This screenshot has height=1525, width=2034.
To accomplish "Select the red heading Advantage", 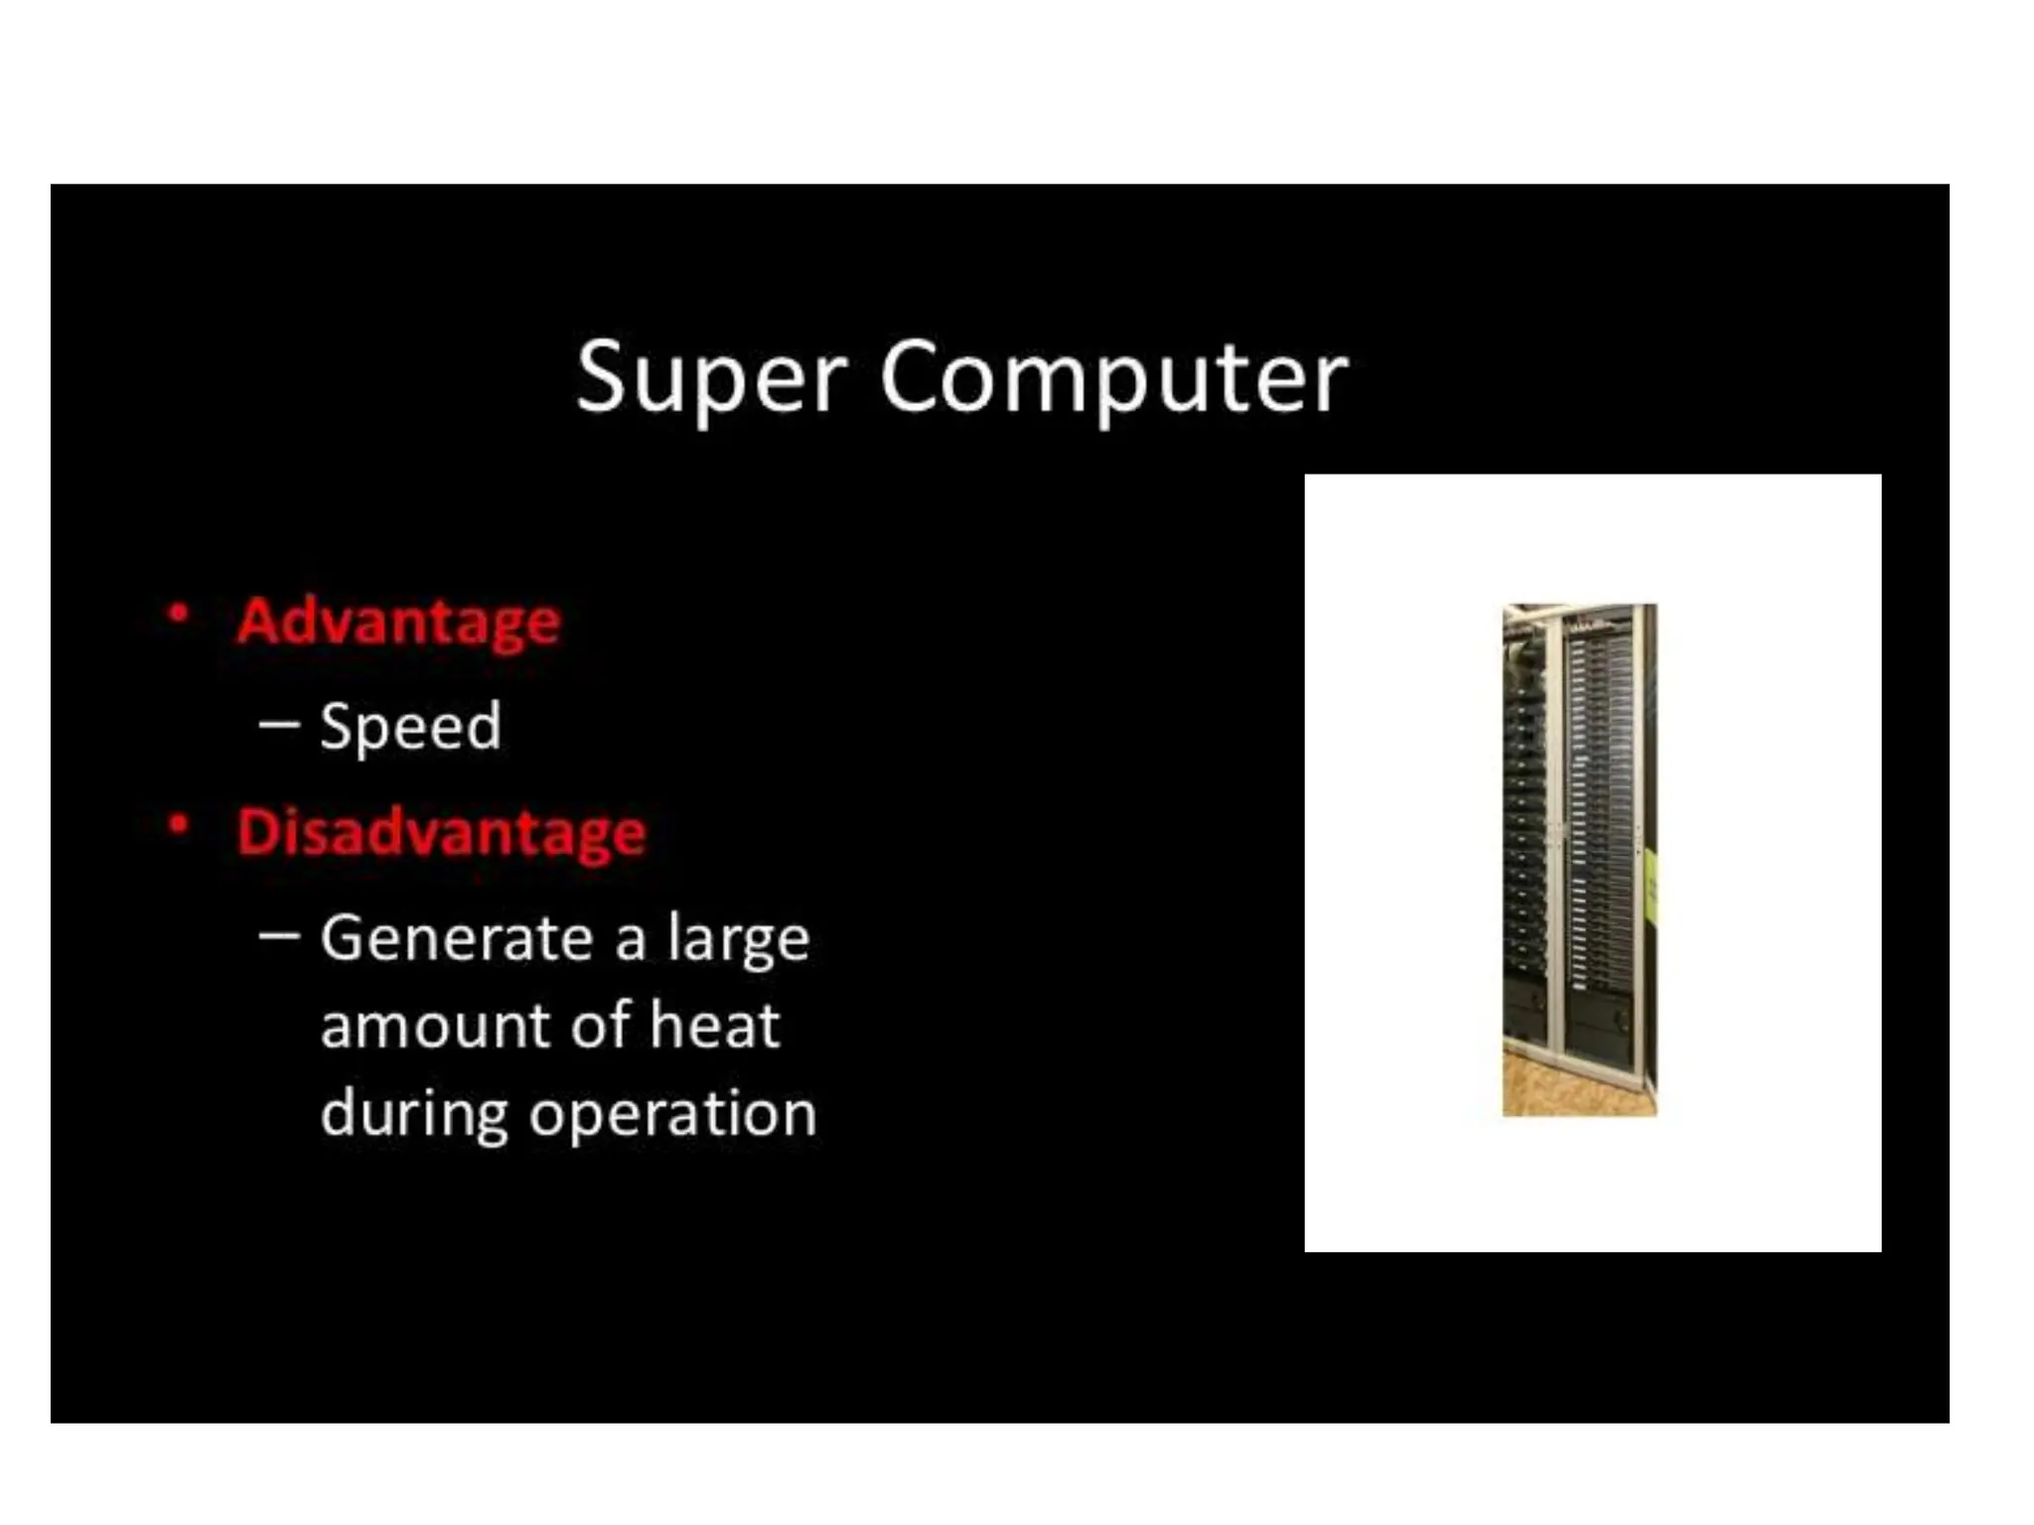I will [x=398, y=623].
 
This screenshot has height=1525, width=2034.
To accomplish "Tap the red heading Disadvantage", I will [x=441, y=832].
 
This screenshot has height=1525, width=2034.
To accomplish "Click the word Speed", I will [x=410, y=727].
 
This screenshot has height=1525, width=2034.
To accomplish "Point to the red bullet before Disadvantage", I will [x=179, y=825].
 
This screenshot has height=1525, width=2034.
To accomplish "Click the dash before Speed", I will [x=279, y=725].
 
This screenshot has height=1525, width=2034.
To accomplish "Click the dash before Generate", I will [x=279, y=935].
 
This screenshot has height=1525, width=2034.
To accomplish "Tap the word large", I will [x=738, y=939].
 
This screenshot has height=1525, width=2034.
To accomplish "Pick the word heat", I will [x=714, y=1025].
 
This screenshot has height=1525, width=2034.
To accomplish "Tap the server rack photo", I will [x=1579, y=844].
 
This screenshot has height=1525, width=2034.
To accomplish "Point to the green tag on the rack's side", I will [x=1651, y=884].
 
